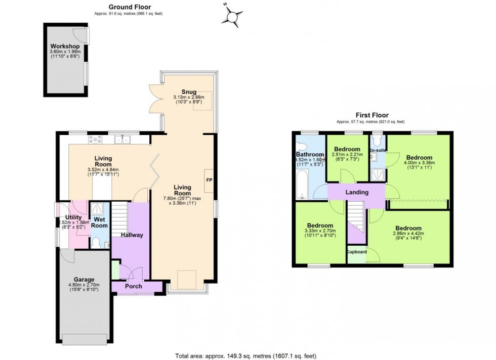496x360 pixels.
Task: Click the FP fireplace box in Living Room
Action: [x=209, y=179]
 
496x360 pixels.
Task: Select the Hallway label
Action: [x=132, y=235]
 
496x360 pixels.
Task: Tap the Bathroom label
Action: [x=310, y=154]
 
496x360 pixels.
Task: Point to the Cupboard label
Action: [x=356, y=251]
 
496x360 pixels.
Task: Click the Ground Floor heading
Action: [x=129, y=7]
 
